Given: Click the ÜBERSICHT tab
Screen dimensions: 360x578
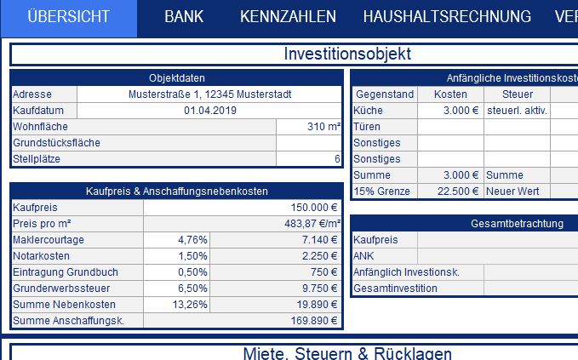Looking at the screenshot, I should [x=68, y=17].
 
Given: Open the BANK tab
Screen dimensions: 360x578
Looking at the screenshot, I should [x=184, y=17].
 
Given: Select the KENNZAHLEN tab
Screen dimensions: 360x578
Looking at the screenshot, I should [x=288, y=17].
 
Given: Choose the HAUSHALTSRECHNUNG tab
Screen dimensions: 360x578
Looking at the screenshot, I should [x=447, y=17].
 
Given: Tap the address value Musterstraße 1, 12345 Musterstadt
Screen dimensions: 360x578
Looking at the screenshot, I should [x=209, y=94].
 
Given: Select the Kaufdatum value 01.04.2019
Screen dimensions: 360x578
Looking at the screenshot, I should [x=209, y=111].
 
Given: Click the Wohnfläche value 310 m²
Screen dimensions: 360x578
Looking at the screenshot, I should [x=323, y=127].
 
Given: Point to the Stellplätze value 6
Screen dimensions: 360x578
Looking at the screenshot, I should [x=337, y=159].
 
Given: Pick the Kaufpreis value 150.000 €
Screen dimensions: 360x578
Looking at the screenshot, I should [x=314, y=208].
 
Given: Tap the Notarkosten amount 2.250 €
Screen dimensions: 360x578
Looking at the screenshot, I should [x=320, y=256].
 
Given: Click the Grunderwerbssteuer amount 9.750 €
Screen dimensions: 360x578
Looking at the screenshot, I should [x=320, y=289].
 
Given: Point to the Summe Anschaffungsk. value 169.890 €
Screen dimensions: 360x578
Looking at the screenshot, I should [x=312, y=321].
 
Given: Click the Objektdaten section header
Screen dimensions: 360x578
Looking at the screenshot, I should [x=176, y=78].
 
